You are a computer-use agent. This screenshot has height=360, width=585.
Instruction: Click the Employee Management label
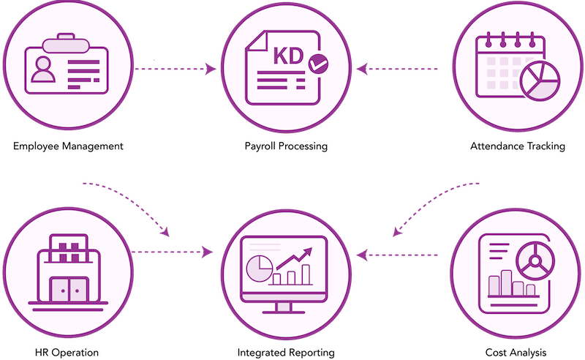click(68, 146)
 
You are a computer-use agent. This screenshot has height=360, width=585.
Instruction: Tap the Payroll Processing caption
click(286, 146)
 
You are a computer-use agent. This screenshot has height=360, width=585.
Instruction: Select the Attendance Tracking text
click(518, 146)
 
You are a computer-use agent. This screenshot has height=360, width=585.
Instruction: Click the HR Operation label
click(67, 353)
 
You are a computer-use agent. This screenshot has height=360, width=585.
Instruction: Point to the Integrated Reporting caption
click(286, 353)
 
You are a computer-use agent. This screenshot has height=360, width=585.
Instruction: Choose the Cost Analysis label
click(516, 353)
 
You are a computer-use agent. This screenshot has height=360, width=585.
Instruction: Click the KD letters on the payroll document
click(288, 56)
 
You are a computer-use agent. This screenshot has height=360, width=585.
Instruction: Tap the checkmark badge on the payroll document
click(319, 64)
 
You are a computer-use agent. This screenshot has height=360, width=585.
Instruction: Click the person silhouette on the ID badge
click(43, 70)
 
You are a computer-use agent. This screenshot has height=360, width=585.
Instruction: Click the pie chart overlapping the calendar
click(540, 81)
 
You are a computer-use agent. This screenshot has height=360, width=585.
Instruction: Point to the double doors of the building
click(69, 290)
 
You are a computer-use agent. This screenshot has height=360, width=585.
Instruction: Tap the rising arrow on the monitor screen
click(294, 258)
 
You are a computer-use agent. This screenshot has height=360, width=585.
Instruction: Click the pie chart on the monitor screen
click(260, 269)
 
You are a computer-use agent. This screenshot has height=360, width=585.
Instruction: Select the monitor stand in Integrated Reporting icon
click(284, 308)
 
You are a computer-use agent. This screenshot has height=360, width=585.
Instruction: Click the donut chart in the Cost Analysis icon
click(535, 261)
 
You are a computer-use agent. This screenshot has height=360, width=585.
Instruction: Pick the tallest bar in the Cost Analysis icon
click(506, 282)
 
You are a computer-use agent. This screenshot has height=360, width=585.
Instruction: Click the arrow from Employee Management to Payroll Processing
click(175, 69)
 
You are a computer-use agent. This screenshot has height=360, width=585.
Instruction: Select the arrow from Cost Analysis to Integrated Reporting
click(397, 255)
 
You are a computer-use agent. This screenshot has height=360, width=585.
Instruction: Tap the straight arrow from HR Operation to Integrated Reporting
click(172, 252)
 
